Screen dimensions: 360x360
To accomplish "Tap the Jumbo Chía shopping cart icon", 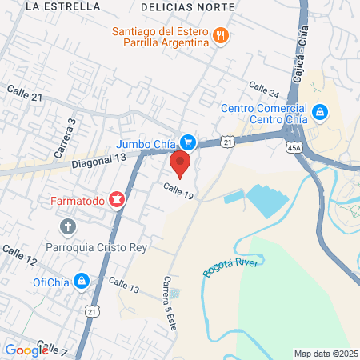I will (x=188, y=142).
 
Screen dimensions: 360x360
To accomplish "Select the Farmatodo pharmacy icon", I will (x=118, y=198).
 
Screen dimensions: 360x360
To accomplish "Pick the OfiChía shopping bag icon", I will (x=82, y=281).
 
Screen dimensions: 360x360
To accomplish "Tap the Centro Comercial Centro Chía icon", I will (x=320, y=112).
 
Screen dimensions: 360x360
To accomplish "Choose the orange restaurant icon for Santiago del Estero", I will (x=221, y=34).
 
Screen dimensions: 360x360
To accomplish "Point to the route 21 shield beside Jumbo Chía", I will (x=229, y=142).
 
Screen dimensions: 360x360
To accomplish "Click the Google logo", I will (x=27, y=350).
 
